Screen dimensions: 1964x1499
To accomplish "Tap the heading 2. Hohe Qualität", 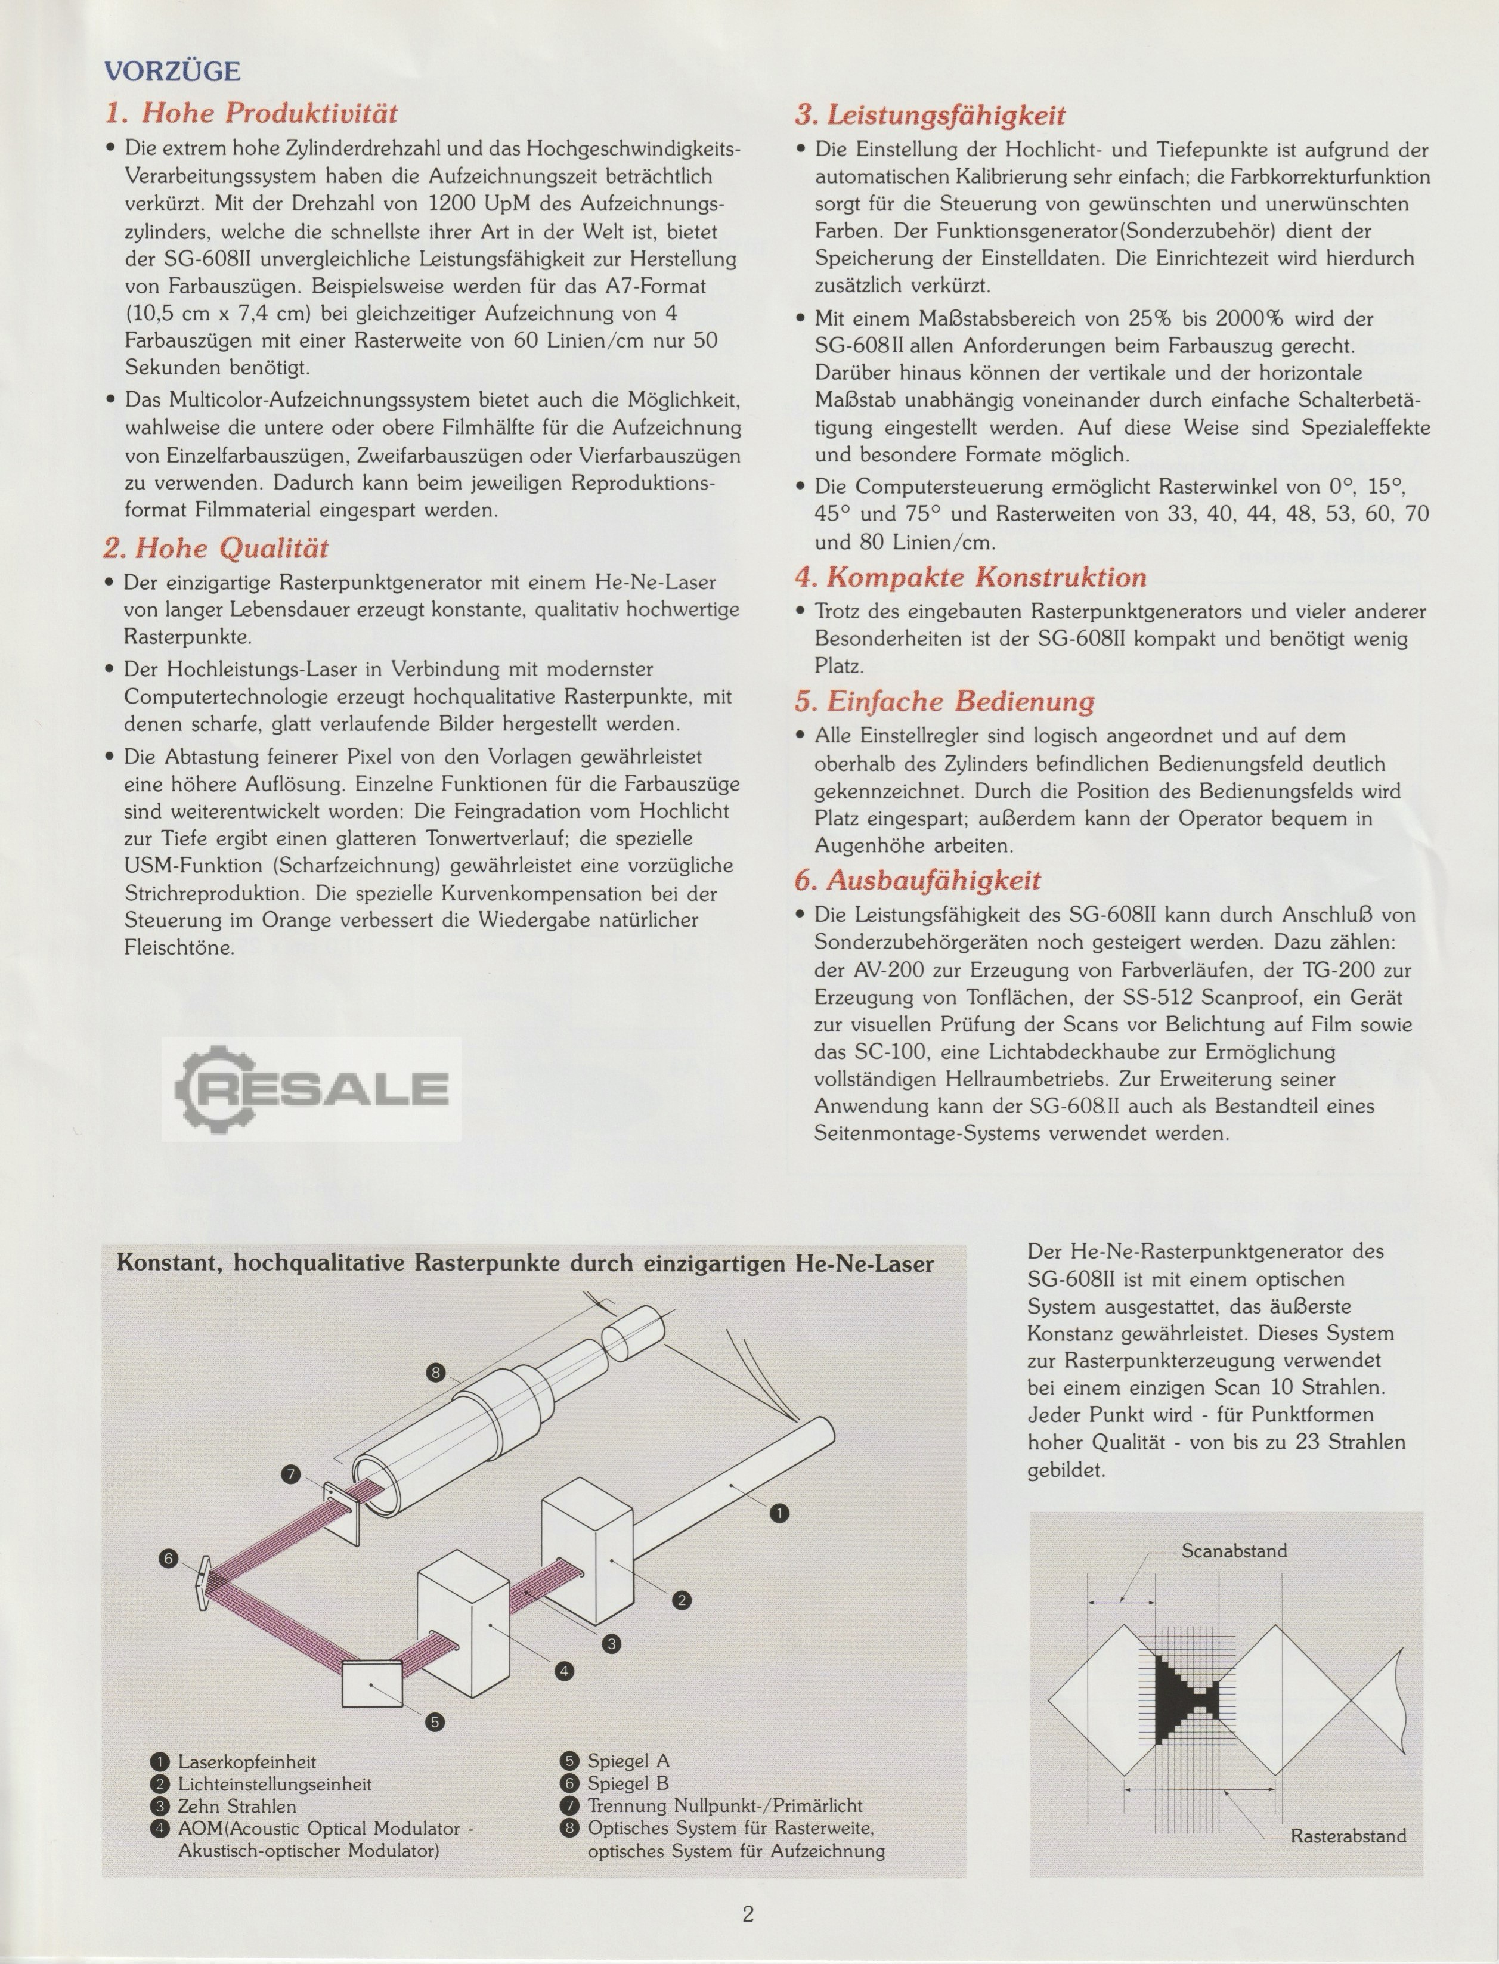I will (216, 548).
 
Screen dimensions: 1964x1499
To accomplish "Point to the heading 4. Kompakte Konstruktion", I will (971, 577).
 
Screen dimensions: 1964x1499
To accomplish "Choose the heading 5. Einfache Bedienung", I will (944, 701).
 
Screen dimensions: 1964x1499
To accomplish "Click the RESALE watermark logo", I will (311, 1089).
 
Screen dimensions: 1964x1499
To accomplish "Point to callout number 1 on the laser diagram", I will (779, 1513).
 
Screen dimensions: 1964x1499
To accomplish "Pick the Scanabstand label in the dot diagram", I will (1234, 1551).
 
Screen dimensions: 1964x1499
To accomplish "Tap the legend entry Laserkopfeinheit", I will (246, 1761).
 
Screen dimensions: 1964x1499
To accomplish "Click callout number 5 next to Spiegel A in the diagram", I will (435, 1721).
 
